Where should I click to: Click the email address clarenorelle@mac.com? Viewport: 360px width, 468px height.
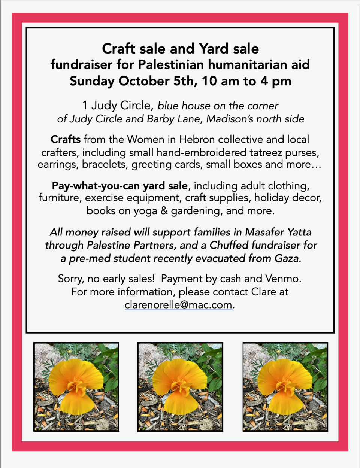[x=178, y=305]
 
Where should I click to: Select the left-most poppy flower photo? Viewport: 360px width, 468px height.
[x=76, y=386]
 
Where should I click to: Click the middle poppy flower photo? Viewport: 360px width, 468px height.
[x=180, y=386]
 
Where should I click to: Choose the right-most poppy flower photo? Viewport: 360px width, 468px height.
[x=285, y=386]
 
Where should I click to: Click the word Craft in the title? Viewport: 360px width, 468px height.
[x=119, y=49]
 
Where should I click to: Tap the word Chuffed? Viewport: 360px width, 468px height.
[x=229, y=245]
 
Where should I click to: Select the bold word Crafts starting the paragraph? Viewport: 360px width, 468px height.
[x=66, y=139]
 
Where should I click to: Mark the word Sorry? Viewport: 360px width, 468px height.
[x=70, y=279]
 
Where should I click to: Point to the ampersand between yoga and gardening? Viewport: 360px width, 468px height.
[x=164, y=211]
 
